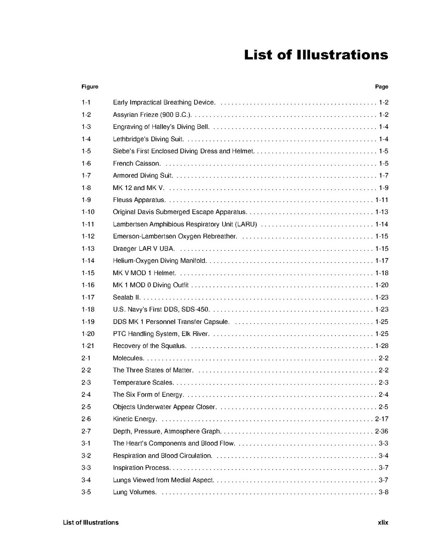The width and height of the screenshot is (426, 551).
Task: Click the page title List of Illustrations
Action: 316,55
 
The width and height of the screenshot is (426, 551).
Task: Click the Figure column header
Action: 90,86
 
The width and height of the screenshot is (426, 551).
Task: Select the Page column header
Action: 381,86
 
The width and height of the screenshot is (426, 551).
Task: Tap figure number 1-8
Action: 86,188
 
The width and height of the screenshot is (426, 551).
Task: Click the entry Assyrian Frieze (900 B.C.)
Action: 152,115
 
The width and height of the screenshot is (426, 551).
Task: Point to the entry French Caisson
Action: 137,163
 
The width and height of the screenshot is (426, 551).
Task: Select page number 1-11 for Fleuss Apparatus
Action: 382,200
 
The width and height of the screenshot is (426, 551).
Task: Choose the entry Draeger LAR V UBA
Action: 144,248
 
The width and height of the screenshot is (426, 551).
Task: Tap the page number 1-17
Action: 382,261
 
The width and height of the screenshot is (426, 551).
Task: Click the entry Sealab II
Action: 127,297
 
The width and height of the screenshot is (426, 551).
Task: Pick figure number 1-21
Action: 88,346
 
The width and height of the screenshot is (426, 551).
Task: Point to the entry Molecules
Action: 128,358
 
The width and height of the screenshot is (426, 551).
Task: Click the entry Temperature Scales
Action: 143,382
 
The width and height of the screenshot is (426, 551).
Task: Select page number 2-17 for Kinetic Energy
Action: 382,419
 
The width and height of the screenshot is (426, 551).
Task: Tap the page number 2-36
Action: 382,431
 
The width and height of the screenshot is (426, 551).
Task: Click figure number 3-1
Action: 86,443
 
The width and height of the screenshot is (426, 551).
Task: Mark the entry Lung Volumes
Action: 134,492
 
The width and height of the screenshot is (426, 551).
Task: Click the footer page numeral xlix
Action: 383,522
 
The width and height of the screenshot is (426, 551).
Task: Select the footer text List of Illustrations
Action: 91,522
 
